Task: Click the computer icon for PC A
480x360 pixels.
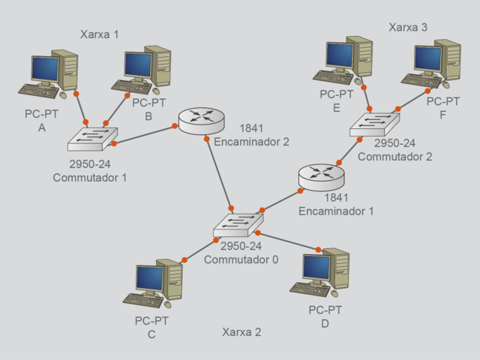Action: [x=49, y=75]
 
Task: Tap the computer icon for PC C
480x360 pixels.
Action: [x=154, y=284]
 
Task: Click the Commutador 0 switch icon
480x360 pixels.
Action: [x=238, y=224]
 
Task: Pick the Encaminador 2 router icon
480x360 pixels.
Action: [x=201, y=121]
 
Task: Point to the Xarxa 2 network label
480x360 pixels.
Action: [x=241, y=331]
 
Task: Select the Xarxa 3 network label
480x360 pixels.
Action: [x=408, y=28]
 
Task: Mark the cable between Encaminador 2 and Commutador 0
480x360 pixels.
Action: [x=217, y=169]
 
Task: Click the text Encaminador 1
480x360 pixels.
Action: [x=336, y=211]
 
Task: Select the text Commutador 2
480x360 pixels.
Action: [x=394, y=157]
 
